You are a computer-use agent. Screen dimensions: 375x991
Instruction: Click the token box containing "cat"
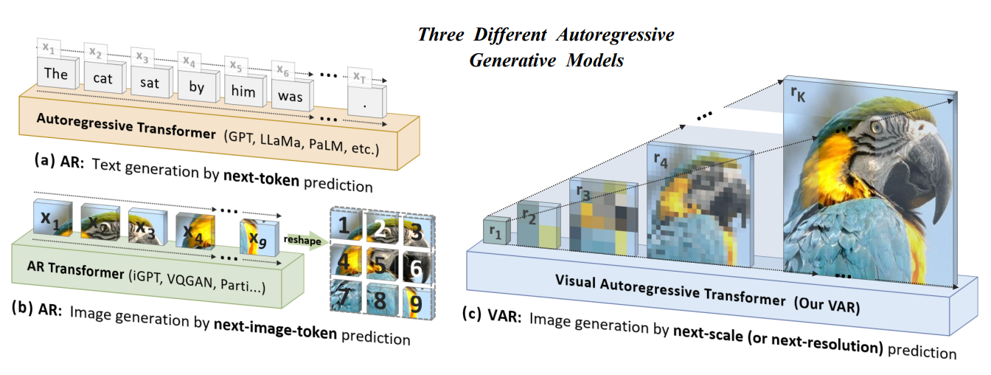pos(102,77)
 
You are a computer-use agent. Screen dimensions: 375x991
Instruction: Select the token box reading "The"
pos(56,74)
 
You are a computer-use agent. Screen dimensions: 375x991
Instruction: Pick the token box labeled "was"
pos(290,96)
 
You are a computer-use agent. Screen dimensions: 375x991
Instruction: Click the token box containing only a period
pos(366,105)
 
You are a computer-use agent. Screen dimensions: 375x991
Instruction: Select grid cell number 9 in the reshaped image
pos(416,302)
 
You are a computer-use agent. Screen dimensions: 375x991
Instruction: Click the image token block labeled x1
pos(50,219)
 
